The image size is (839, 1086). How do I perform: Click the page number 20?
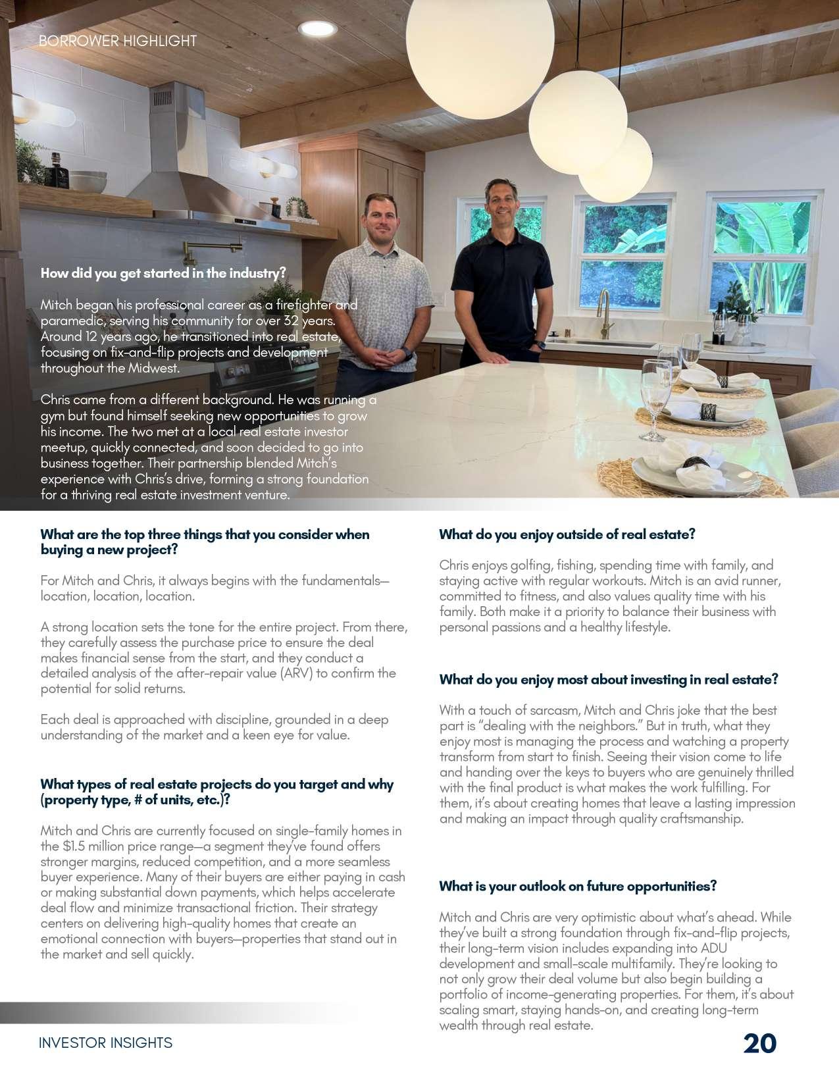coord(760,1044)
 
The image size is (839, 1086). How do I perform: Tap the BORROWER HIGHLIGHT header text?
coord(118,41)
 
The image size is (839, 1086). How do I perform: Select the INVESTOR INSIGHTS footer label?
coord(105,1043)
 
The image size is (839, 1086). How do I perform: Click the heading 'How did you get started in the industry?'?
coord(163,273)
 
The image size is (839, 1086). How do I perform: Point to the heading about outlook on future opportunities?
coord(578,886)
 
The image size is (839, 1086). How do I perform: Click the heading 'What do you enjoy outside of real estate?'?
coord(567,534)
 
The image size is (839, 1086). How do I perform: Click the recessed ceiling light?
coord(317,28)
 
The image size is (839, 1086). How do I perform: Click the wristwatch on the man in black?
coord(540,344)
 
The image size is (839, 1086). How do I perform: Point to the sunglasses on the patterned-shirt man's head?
coord(381,197)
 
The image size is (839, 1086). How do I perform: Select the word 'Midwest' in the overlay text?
coord(153,369)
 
